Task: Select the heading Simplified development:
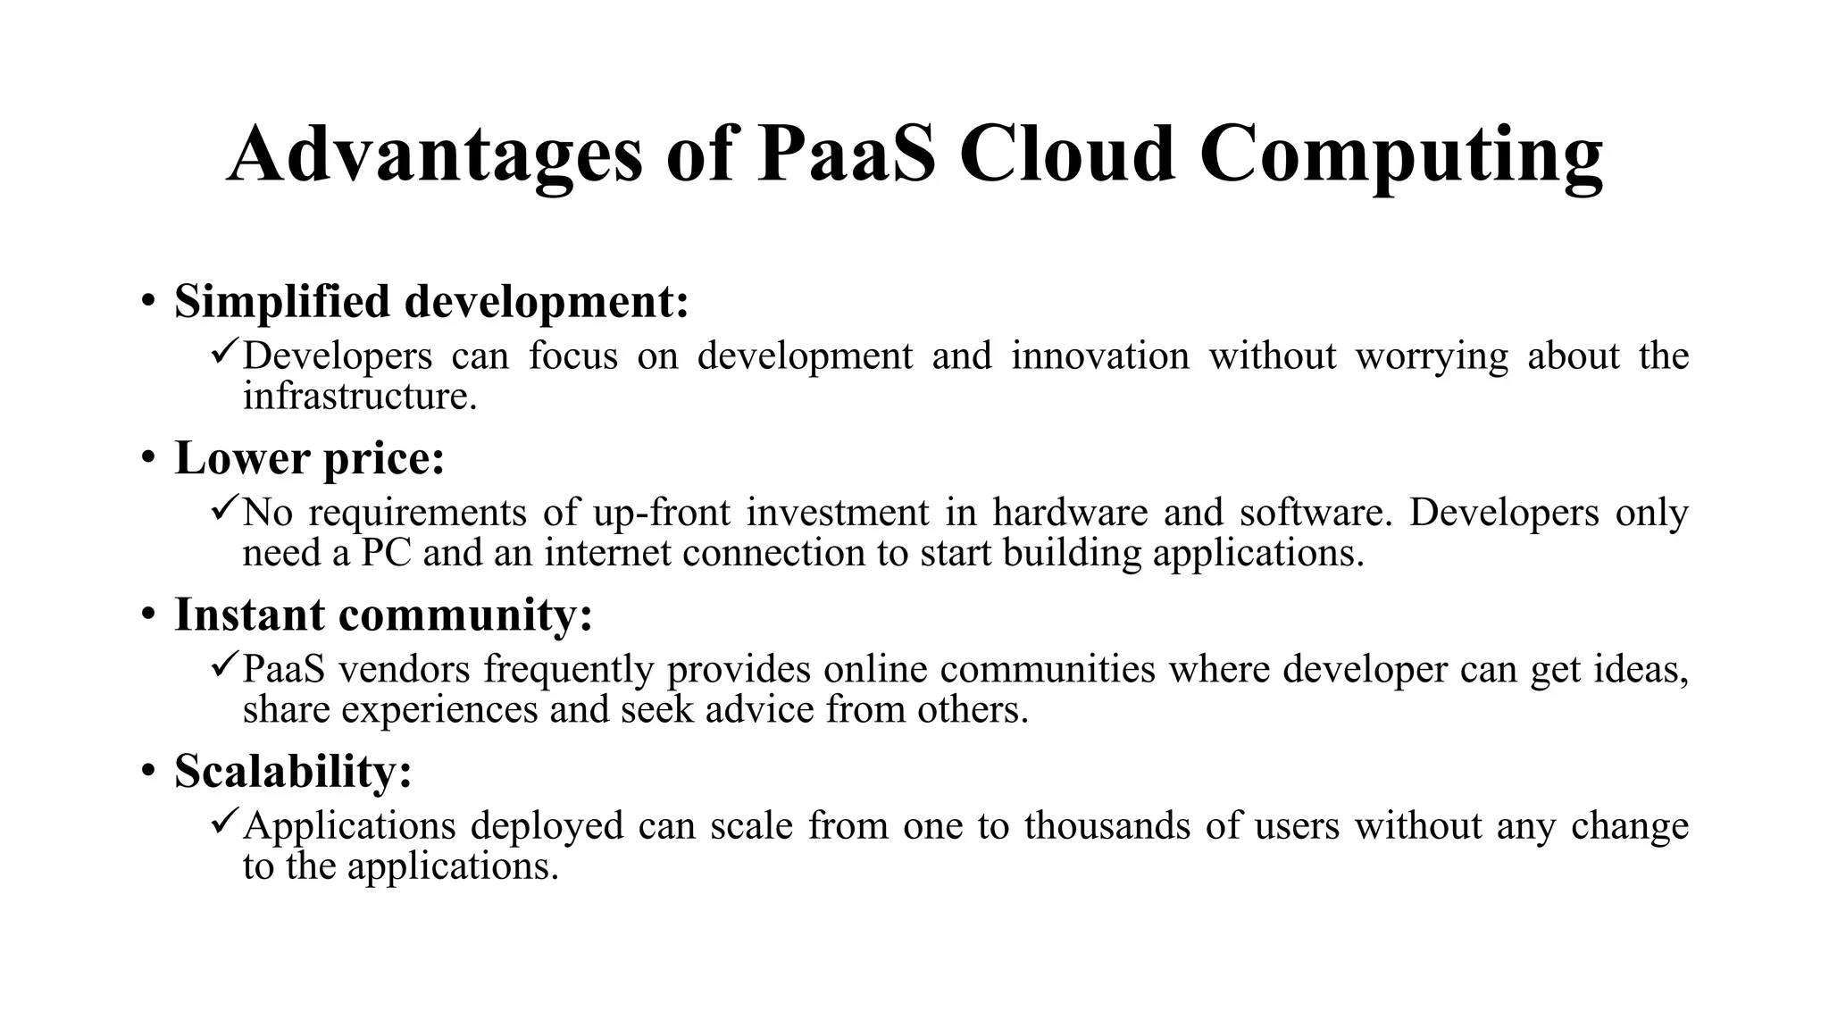click(x=431, y=301)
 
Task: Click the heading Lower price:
click(x=309, y=458)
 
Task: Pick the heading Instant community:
click(x=383, y=615)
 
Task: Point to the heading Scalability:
click(x=293, y=771)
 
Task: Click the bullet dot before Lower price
click(x=147, y=458)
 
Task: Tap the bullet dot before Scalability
click(x=147, y=771)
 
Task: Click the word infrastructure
click(x=360, y=396)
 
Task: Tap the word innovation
click(x=1099, y=356)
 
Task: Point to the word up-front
click(x=661, y=513)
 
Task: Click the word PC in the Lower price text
click(x=386, y=553)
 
